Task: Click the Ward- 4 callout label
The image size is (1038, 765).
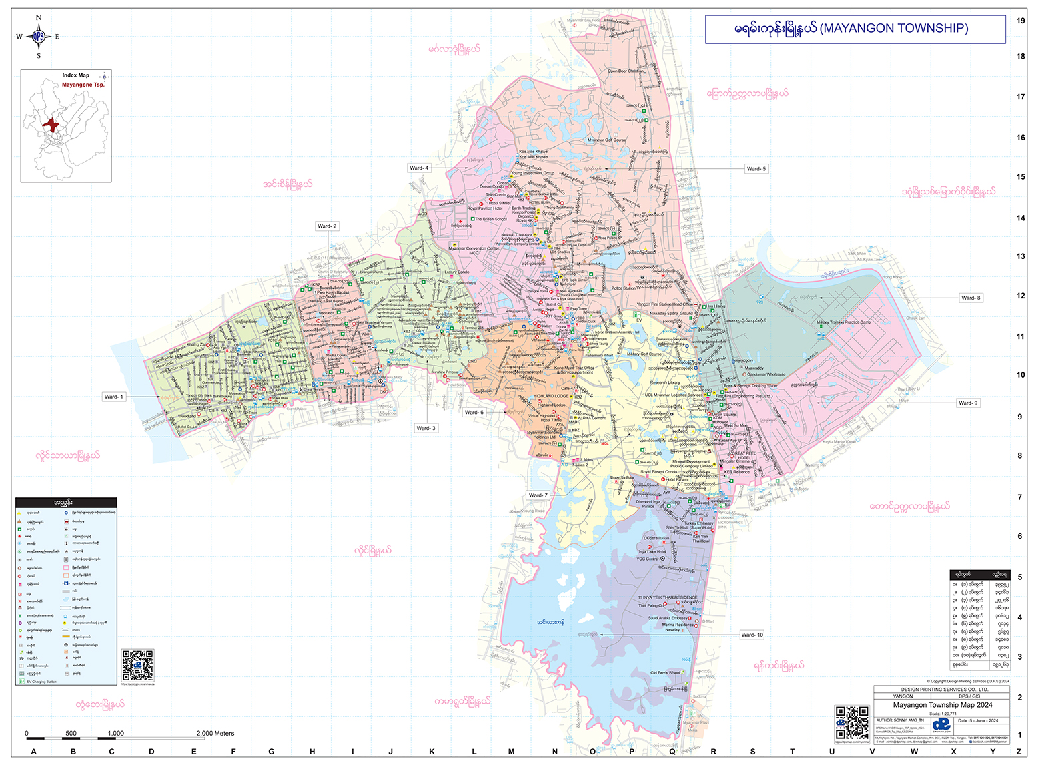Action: click(419, 168)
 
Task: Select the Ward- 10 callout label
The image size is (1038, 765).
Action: click(752, 635)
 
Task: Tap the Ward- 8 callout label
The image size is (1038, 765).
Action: click(970, 298)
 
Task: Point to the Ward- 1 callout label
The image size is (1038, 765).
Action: click(113, 397)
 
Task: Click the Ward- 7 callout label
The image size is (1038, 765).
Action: click(537, 495)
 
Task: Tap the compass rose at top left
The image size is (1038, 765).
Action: click(38, 37)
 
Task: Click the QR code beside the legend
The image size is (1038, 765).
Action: click(137, 664)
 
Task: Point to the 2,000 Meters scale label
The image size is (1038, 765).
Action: click(215, 733)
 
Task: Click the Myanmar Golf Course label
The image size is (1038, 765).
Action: click(606, 140)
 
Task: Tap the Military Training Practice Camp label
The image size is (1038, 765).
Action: click(843, 322)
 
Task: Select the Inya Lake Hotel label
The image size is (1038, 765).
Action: click(652, 552)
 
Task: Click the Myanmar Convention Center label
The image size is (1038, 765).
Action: click(474, 249)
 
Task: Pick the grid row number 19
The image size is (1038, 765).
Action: click(1021, 21)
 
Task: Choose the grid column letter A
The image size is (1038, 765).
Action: click(34, 752)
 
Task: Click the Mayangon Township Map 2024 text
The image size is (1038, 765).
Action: click(942, 705)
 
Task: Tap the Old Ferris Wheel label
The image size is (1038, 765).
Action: click(665, 673)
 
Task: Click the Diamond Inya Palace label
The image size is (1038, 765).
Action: click(644, 504)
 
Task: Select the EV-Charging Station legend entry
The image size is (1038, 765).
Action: click(41, 682)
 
